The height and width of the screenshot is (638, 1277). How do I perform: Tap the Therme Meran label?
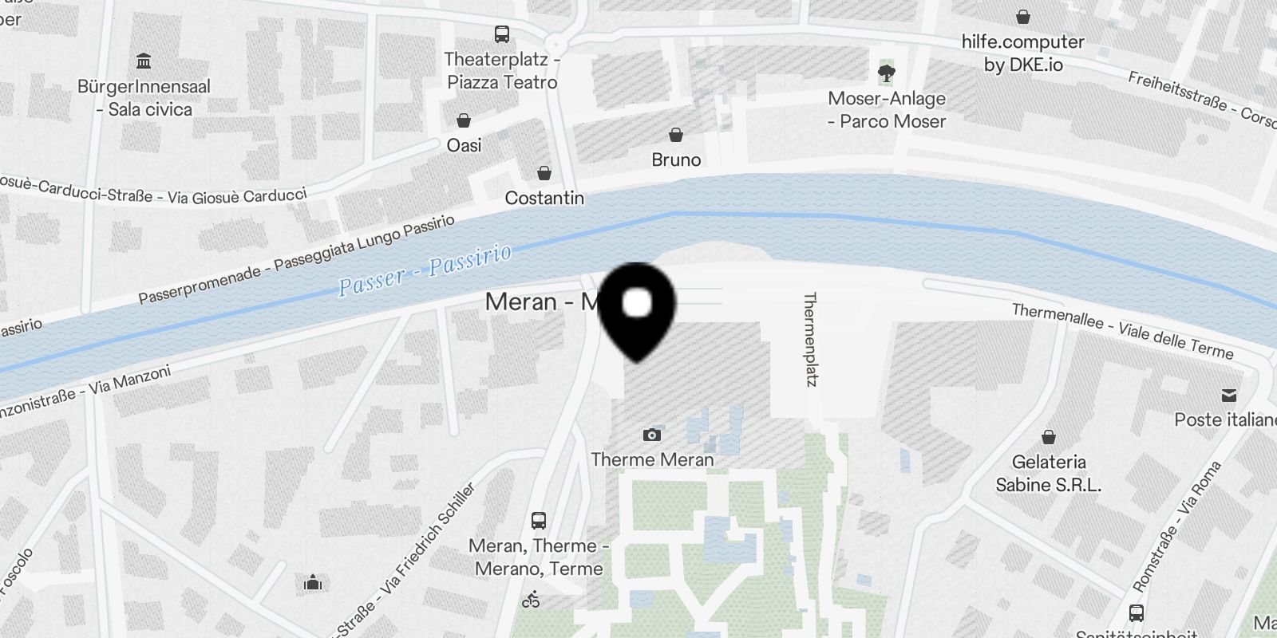pyautogui.click(x=652, y=459)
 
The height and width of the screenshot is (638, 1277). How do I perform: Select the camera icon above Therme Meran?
pyautogui.click(x=652, y=435)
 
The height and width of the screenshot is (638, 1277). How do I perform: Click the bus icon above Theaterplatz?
pyautogui.click(x=501, y=34)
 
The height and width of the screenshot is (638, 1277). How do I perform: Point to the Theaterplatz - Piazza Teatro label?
pyautogui.click(x=502, y=70)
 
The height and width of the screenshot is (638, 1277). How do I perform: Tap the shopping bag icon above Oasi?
pyautogui.click(x=463, y=120)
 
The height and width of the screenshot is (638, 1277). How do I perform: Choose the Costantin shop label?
pyautogui.click(x=544, y=198)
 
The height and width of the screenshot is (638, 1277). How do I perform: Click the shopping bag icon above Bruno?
pyautogui.click(x=676, y=134)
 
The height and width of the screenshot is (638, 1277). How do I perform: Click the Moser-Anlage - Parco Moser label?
pyautogui.click(x=886, y=110)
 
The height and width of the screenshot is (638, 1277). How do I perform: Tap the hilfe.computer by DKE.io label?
pyautogui.click(x=1022, y=53)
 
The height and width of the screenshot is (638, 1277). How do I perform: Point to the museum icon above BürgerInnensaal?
pyautogui.click(x=144, y=61)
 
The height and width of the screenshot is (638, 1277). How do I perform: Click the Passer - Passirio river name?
pyautogui.click(x=425, y=271)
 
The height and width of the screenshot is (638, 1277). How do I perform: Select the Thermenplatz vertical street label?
pyautogui.click(x=810, y=339)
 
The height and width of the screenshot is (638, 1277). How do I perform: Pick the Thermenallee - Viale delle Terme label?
pyautogui.click(x=1122, y=330)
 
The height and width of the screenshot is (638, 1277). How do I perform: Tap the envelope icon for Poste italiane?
pyautogui.click(x=1228, y=396)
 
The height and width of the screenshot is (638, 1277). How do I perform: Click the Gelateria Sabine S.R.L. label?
pyautogui.click(x=1048, y=473)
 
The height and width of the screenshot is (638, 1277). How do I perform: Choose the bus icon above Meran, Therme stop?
pyautogui.click(x=539, y=521)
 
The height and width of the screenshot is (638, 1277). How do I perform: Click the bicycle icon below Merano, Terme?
pyautogui.click(x=531, y=600)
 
